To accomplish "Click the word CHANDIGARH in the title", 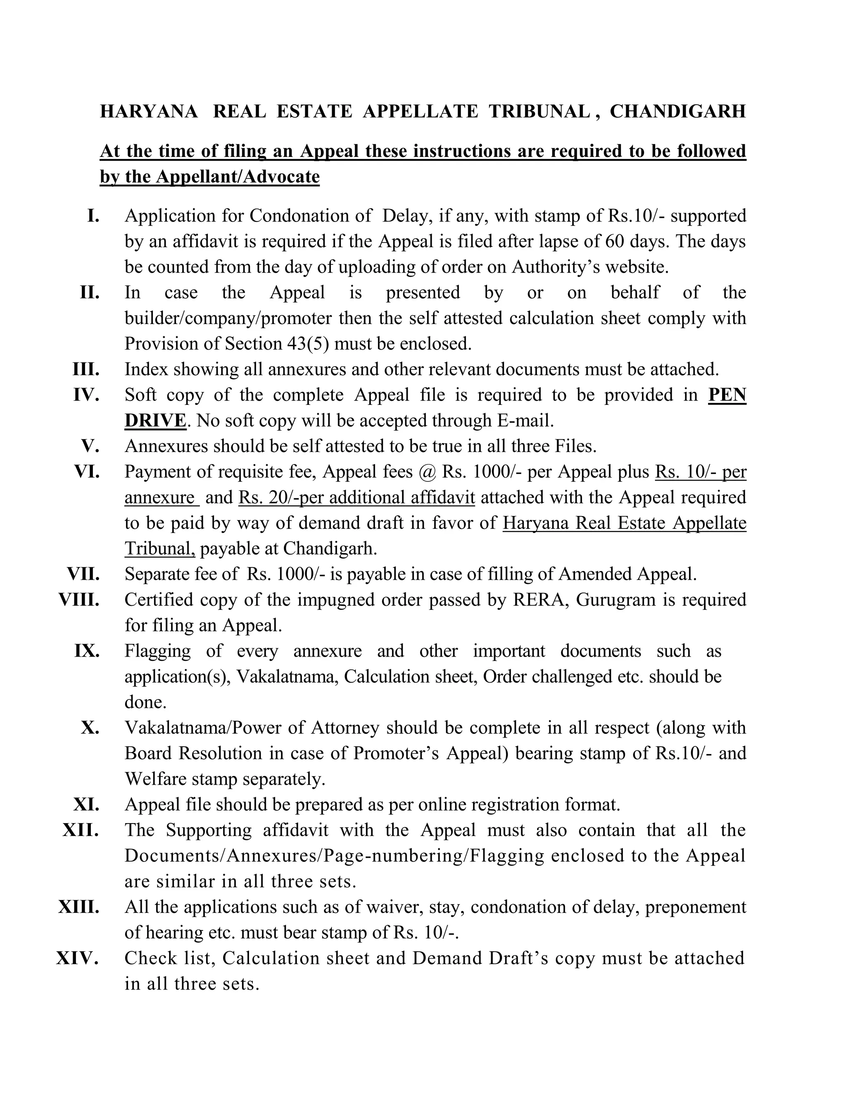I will pos(677,111).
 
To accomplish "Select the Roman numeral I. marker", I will pos(93,216).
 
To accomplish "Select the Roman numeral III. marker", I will pos(86,369).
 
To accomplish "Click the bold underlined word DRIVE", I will pos(155,421).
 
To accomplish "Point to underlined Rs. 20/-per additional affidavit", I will pos(356,498).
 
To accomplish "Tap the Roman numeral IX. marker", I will pos(87,651).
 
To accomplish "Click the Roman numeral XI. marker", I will pos(86,804).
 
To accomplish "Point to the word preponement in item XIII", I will pos(695,907).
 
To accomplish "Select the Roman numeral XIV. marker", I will pos(77,958).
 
